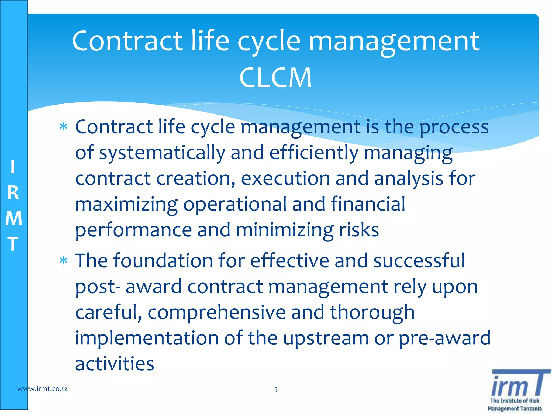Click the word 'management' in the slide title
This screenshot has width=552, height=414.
click(394, 42)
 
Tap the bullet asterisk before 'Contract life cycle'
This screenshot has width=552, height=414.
click(64, 126)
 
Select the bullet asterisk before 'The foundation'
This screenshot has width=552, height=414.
click(64, 261)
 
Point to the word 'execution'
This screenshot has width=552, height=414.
click(285, 178)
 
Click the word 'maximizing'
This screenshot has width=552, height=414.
click(126, 204)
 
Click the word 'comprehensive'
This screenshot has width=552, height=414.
click(217, 312)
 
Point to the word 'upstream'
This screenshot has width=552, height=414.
click(326, 338)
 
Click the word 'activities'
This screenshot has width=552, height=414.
click(115, 364)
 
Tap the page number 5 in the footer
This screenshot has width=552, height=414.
click(276, 389)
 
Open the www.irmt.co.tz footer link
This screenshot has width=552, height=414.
click(42, 389)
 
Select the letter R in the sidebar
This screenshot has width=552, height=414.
click(13, 193)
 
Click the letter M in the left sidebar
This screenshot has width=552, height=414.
click(13, 218)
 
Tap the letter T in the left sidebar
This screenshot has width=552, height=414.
click(13, 244)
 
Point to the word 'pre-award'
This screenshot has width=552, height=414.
click(444, 338)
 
